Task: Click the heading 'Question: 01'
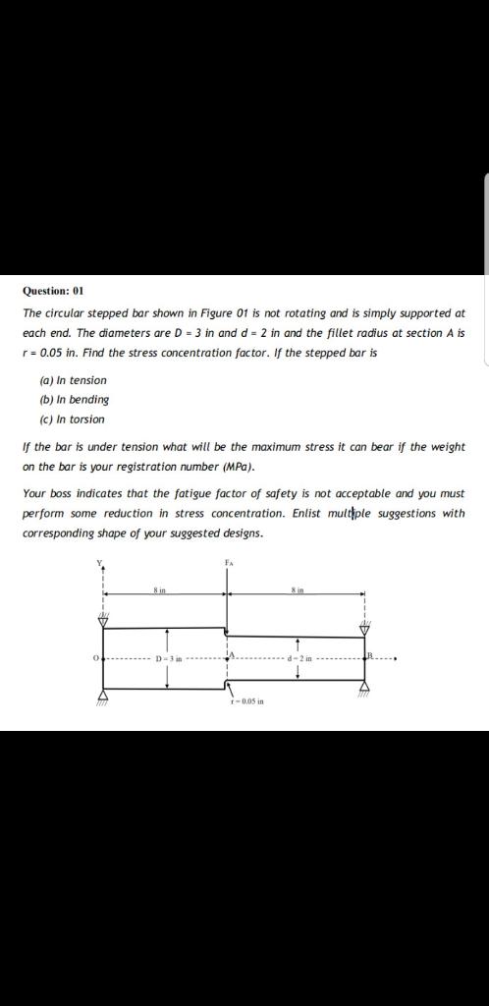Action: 54,291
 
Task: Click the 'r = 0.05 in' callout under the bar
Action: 244,701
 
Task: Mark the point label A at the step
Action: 233,654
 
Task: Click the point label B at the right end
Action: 370,654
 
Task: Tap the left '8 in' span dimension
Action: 159,588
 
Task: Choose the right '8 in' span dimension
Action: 298,588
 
